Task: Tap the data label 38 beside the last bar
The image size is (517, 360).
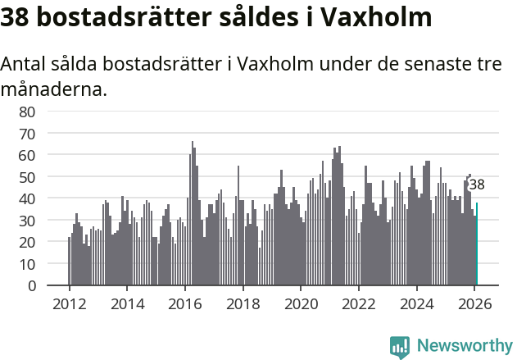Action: coord(476,185)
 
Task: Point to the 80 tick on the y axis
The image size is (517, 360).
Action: coord(27,112)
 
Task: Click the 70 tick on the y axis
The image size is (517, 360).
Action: coord(27,134)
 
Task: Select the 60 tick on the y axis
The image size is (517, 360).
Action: coord(27,155)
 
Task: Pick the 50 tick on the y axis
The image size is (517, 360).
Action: coord(27,177)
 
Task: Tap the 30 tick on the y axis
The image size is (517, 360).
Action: coord(27,221)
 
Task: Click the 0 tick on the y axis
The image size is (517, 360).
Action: coord(31,286)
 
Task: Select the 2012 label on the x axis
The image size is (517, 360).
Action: coord(69,303)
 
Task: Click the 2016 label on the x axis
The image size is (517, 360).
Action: coord(185,303)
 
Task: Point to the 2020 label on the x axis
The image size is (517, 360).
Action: coord(301,303)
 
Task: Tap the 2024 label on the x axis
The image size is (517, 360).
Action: coord(417,303)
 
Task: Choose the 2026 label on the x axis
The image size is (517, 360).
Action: coord(475,303)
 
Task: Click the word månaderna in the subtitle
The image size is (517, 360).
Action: coord(54,89)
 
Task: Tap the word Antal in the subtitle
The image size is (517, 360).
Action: coord(23,65)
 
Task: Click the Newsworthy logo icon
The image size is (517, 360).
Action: coord(400,347)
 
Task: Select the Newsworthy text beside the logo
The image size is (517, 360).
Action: coord(464,346)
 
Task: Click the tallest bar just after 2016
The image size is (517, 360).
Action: coord(193,213)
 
